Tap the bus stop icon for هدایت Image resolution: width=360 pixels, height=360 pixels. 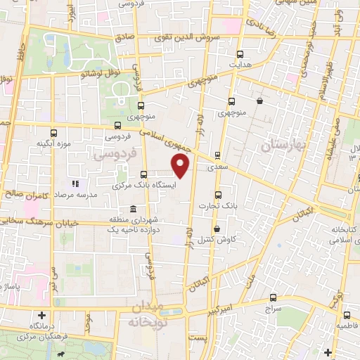(240, 53)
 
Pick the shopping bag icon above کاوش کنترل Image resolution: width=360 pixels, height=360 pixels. (217, 229)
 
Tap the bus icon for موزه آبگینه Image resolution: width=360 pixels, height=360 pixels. (53, 133)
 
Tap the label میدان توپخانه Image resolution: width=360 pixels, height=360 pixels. (146, 314)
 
